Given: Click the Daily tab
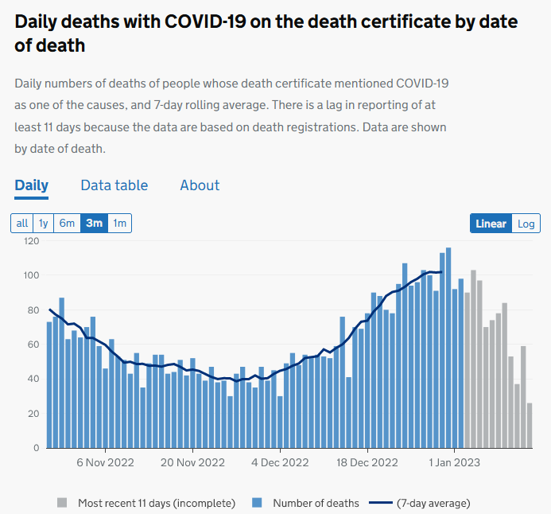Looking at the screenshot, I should tap(31, 185).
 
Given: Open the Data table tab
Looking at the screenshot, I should tap(114, 185).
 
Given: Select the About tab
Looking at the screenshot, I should tap(200, 185).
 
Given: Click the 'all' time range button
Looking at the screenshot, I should tap(22, 224).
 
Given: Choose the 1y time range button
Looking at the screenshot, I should tap(44, 224).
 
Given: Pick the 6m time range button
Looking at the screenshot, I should tap(67, 224).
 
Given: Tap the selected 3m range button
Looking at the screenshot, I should tap(94, 224).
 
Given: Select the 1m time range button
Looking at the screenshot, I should tap(119, 224).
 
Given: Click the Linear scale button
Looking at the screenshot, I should tap(491, 224).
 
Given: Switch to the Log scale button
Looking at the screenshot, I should tap(526, 224).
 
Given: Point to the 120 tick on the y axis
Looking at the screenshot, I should tap(32, 241).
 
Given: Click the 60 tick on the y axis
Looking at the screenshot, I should tap(34, 345).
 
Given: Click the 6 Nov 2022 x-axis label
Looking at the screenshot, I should tap(105, 461).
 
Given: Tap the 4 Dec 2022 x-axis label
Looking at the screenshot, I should tap(279, 461).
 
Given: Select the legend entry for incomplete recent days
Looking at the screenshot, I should tap(156, 503).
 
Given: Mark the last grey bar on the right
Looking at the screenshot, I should tap(530, 426).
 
